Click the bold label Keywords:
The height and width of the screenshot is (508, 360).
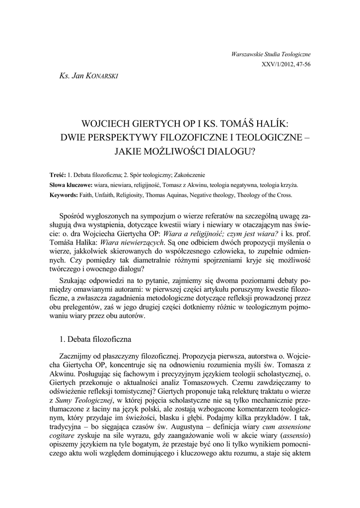pyautogui.click(x=64, y=195)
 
